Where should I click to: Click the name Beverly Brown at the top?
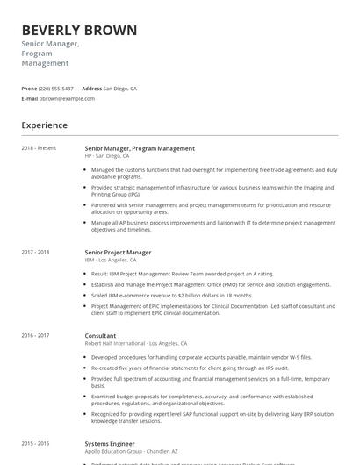(79, 31)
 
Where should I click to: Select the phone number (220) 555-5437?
(56, 89)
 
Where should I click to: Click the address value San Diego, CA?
(120, 89)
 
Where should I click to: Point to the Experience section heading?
(45, 125)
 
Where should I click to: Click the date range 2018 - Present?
(39, 148)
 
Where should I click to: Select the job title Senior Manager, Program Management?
(140, 148)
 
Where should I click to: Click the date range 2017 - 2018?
(35, 252)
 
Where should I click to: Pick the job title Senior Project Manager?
(118, 252)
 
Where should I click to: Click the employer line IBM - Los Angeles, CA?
(111, 260)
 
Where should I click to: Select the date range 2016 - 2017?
(35, 335)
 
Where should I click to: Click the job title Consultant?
(100, 335)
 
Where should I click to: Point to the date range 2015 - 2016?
(35, 444)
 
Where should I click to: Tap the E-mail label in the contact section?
(29, 99)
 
